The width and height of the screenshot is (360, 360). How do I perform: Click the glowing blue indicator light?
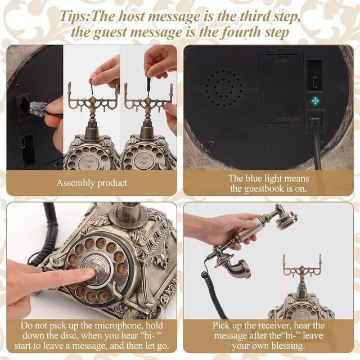point(315,101)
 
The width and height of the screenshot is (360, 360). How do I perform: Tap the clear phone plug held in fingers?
point(38,108)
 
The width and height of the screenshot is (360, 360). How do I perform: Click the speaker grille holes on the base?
point(223,88)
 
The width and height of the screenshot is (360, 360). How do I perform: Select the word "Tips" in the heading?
point(73,16)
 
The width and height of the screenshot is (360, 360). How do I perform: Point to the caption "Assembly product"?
point(92,183)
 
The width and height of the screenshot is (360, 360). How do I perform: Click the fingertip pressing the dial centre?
point(91,272)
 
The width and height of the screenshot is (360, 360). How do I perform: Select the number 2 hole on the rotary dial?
point(119,256)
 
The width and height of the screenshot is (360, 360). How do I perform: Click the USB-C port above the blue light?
point(314,82)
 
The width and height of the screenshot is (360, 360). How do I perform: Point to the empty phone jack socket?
point(24,105)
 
